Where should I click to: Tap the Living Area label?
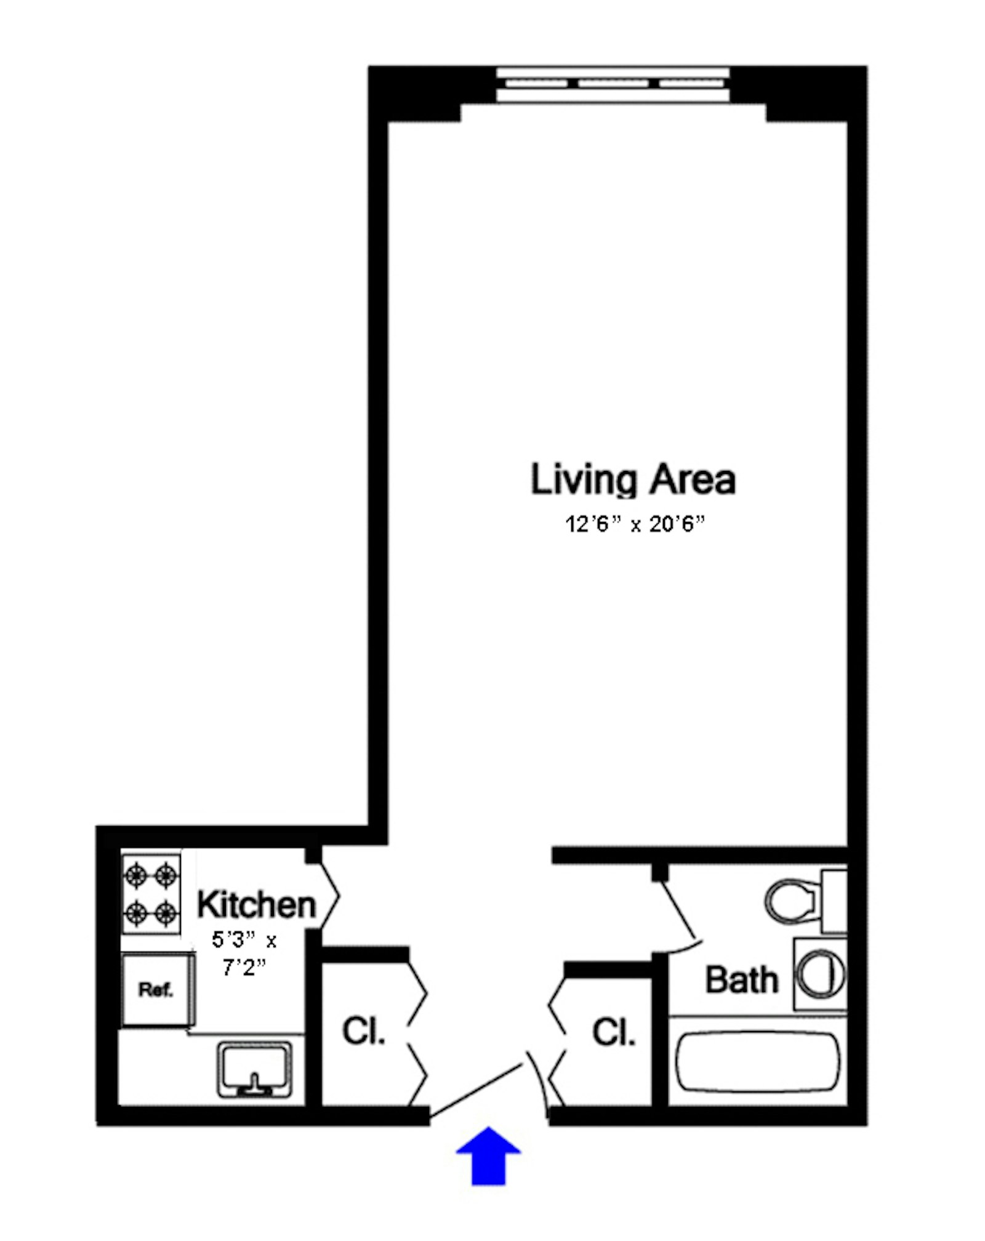coord(633,481)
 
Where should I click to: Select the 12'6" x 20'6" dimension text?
coord(635,525)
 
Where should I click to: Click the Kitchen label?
coord(256,906)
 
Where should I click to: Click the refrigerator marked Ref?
coord(156,990)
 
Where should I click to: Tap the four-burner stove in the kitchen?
coord(151,893)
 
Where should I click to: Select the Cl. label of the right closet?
coord(614,1032)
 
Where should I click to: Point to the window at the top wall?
coord(613,84)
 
